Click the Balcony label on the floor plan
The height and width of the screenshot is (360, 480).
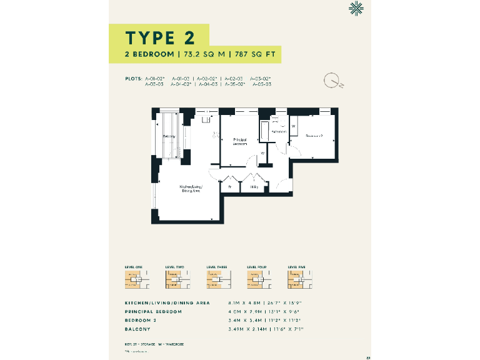click(x=169, y=136)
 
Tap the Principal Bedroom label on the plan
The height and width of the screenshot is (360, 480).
click(x=240, y=141)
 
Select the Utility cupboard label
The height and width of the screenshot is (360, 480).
click(x=254, y=186)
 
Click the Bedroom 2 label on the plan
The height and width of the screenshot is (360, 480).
click(x=314, y=135)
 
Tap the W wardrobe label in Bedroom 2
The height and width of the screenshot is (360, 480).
click(x=293, y=126)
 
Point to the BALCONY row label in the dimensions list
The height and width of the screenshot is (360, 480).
click(x=137, y=328)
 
